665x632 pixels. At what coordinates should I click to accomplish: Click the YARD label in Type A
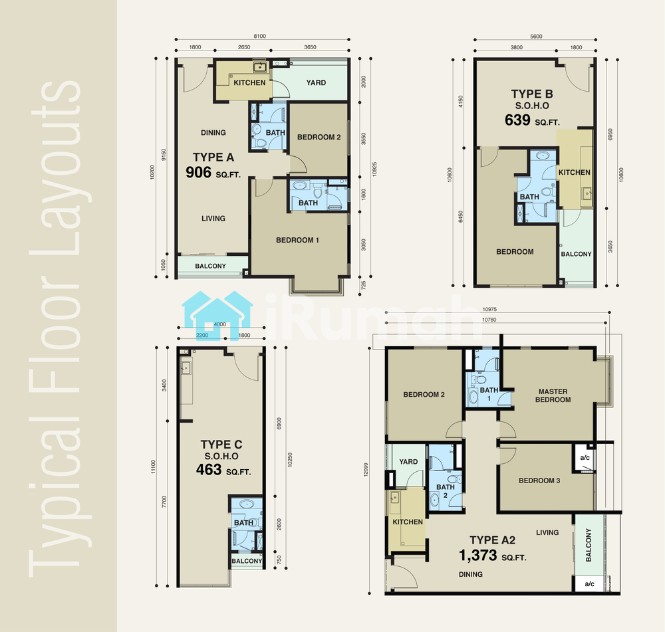coord(316,82)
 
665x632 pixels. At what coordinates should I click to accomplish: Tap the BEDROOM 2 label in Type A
coord(319,138)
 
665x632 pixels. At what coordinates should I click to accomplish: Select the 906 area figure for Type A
coord(198,172)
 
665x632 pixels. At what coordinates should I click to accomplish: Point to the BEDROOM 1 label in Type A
coord(297,241)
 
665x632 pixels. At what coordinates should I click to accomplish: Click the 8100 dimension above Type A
coord(259,36)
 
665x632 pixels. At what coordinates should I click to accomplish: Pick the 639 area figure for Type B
coord(517,120)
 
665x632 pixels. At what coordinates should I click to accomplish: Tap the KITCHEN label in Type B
coord(575,173)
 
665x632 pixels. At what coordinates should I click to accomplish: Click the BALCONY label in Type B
coord(576,254)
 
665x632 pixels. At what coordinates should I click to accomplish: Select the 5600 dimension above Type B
coord(536,37)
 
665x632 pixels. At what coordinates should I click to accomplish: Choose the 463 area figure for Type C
coord(209,470)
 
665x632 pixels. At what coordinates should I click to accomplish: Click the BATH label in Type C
coord(243,522)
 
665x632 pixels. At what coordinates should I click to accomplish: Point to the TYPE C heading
coord(221,444)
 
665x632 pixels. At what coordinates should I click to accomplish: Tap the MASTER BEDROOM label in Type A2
coord(553,395)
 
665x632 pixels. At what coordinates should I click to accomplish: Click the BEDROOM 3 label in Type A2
coord(539,480)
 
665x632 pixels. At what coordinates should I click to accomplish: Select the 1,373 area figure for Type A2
coord(478,556)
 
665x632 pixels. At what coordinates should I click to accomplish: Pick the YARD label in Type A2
coord(408,462)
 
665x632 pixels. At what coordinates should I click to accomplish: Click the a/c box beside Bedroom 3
coord(585,458)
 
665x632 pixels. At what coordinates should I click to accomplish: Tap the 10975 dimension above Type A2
coord(489,310)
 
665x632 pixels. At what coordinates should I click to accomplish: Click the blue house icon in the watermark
coord(217,315)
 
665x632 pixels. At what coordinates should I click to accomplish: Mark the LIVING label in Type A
coord(213,219)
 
